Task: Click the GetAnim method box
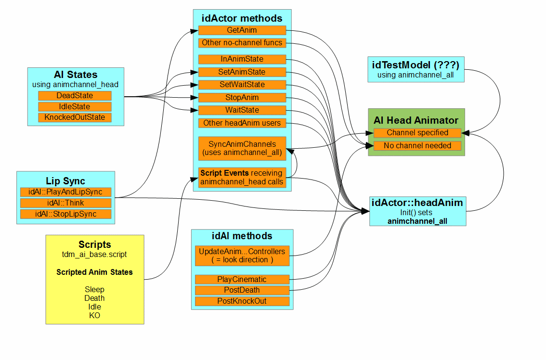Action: tap(242, 30)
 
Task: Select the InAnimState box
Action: tap(242, 59)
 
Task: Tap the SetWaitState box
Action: tap(242, 85)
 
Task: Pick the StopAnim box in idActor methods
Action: tap(242, 98)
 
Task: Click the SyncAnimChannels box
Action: tap(242, 148)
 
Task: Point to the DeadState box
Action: tap(75, 96)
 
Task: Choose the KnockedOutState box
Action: tap(75, 117)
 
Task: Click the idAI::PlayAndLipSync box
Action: tap(65, 192)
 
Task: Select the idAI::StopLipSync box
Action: tap(65, 214)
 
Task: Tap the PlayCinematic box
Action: tap(242, 280)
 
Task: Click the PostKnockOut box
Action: tap(242, 301)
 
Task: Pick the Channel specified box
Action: tap(417, 133)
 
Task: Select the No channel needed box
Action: tap(417, 145)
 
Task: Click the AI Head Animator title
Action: tap(416, 120)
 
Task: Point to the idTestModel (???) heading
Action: tap(416, 64)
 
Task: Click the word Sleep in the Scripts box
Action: tap(94, 289)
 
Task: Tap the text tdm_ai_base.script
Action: tap(94, 254)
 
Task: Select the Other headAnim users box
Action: tap(242, 123)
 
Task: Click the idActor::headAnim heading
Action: tap(417, 203)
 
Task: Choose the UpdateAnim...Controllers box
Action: tap(242, 256)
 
